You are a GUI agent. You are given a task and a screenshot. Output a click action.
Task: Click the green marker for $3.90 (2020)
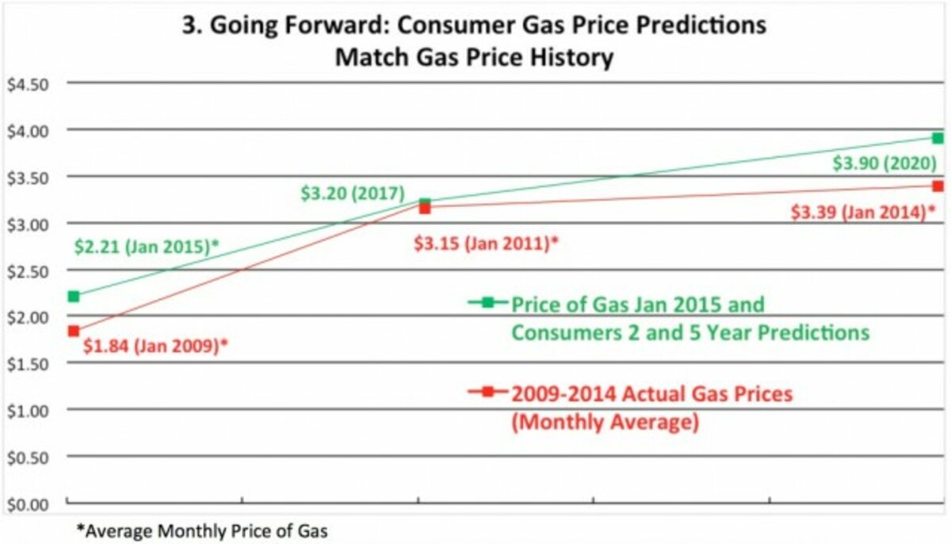tap(938, 138)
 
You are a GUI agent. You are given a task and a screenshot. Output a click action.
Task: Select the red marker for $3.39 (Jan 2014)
tap(938, 186)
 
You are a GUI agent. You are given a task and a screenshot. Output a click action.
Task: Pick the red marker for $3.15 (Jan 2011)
tap(425, 209)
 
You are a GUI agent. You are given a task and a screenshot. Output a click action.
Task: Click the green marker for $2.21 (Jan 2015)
tap(74, 297)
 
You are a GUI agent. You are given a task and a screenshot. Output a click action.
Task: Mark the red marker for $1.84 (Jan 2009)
tap(74, 331)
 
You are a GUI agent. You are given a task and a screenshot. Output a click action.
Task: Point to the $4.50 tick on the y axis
tap(28, 84)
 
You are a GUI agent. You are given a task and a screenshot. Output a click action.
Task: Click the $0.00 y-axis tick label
tap(28, 504)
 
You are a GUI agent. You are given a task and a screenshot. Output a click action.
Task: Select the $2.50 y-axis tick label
tap(28, 270)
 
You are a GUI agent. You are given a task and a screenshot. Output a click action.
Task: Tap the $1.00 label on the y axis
tap(28, 411)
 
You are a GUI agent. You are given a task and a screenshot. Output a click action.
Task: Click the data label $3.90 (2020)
tap(884, 164)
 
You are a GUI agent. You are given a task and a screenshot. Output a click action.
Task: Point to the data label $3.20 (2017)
tap(353, 193)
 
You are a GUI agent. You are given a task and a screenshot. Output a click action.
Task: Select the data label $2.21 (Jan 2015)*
tap(147, 247)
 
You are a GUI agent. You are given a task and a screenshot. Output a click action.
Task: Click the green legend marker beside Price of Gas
tap(488, 302)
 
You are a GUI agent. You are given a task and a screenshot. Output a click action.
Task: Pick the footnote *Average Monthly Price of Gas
tap(201, 531)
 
